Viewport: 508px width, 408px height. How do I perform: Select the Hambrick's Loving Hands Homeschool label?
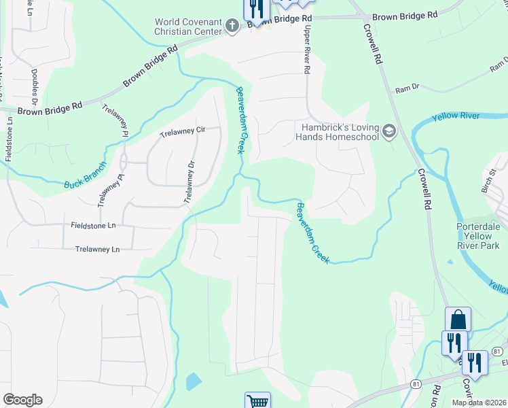(340, 131)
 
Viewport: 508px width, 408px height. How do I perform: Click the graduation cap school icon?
(389, 131)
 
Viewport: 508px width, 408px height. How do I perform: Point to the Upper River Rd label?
(307, 52)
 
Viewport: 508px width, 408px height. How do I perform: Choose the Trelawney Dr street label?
(189, 182)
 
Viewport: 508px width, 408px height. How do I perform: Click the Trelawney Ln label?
(97, 250)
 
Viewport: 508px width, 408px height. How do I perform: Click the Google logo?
(22, 400)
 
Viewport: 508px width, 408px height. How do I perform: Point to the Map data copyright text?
(478, 403)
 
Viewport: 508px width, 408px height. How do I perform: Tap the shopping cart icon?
(257, 401)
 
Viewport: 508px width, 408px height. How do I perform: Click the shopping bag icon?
(458, 319)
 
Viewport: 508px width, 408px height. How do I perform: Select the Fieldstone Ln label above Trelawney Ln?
(93, 224)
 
